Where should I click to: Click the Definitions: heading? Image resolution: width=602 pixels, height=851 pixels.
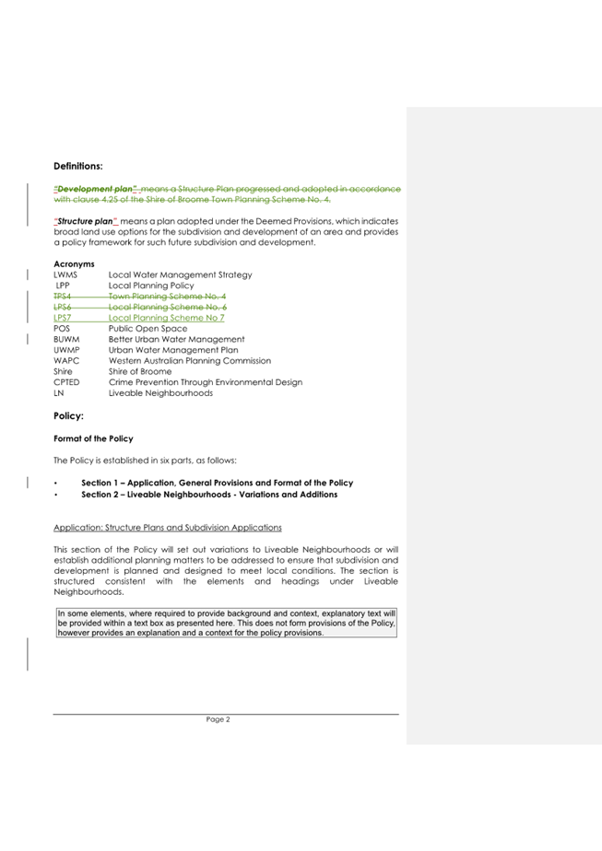[78, 166]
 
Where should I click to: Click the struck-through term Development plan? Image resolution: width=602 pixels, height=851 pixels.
[93, 189]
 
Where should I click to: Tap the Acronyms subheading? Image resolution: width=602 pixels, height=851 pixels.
[75, 264]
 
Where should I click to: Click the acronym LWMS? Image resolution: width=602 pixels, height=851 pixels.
[65, 274]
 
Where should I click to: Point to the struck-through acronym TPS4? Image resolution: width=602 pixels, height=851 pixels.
[63, 296]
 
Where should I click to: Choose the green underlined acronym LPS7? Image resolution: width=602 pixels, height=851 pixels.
[63, 318]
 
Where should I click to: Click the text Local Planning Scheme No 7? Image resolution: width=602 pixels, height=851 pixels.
[167, 318]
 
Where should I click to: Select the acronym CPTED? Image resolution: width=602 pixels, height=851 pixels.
[67, 381]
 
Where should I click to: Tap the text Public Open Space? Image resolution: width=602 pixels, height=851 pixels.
[148, 328]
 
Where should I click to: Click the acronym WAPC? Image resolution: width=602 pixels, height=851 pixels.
[66, 360]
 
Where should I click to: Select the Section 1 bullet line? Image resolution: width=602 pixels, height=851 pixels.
[217, 484]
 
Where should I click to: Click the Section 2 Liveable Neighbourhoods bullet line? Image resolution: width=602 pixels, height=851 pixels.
[209, 495]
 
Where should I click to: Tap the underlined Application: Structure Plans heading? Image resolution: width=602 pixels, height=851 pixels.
[168, 527]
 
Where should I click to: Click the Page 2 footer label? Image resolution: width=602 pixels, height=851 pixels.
[218, 719]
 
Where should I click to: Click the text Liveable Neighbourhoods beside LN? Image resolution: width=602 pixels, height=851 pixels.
[160, 392]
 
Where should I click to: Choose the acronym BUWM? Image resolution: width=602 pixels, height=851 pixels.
[66, 339]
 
